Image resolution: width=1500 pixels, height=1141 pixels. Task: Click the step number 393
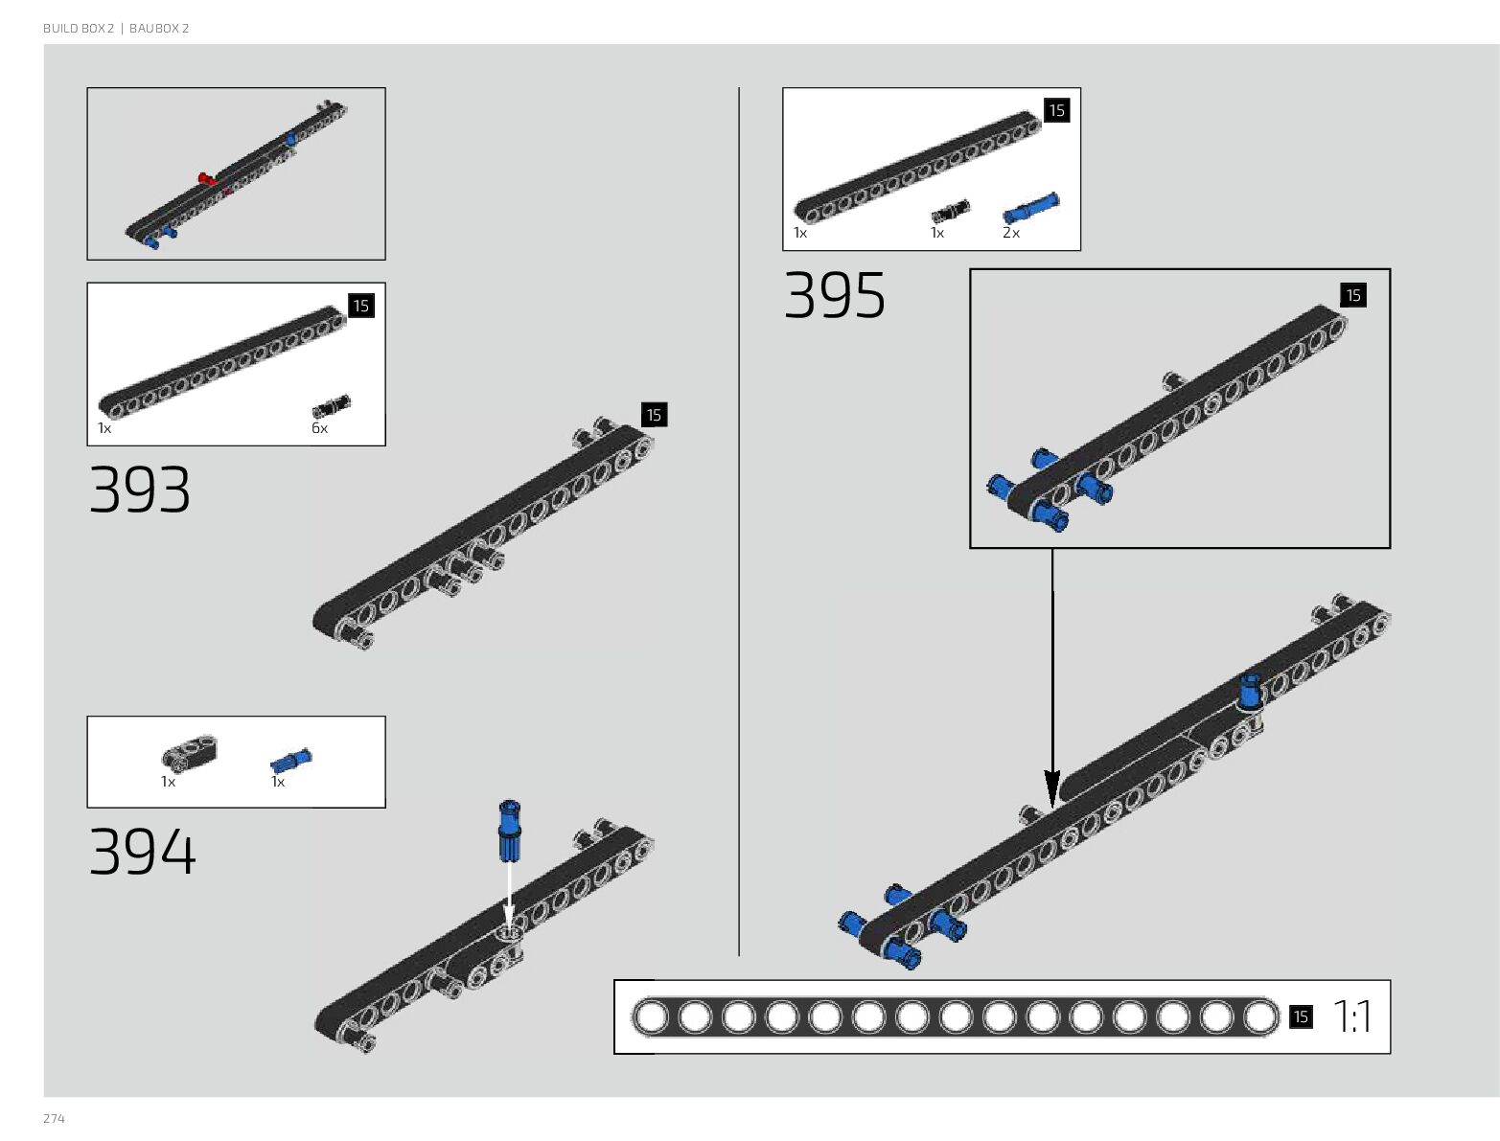coord(140,491)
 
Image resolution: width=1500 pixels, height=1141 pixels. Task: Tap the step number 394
coord(142,852)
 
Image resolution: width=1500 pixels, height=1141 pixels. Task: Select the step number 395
coord(835,295)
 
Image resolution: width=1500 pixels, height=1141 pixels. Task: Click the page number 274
coord(54,1119)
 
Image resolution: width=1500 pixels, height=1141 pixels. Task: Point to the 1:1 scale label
coord(1352,1017)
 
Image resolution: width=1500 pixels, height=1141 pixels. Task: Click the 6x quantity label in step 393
coord(319,428)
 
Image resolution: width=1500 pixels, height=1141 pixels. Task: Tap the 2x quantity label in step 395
coord(1011,233)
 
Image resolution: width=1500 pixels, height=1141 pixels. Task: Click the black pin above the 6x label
coord(332,406)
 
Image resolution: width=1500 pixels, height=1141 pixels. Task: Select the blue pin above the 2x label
coord(1031,208)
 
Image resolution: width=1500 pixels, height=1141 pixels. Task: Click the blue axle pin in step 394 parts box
coord(291,760)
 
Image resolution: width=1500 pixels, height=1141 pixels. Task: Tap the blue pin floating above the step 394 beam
coord(509,829)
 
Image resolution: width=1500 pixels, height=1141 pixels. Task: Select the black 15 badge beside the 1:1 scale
coord(1300,1017)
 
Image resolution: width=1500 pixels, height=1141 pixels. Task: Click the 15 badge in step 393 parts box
coord(360,307)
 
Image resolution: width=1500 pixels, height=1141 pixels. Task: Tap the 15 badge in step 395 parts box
coord(1056,111)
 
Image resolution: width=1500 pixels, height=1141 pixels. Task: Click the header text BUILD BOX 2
coord(78,29)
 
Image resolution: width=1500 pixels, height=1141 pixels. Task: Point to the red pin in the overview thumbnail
coord(205,178)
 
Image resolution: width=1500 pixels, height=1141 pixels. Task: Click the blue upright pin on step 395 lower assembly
coord(1251,690)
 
